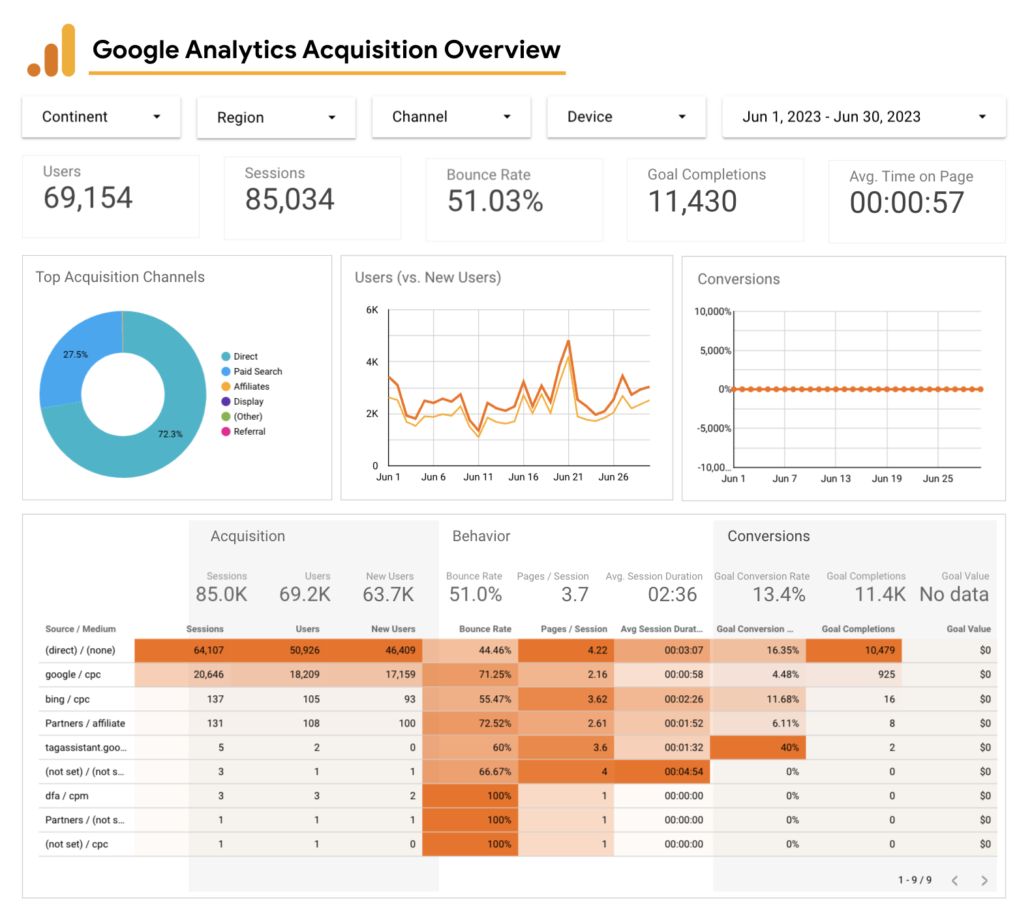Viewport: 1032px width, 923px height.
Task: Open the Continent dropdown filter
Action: click(x=101, y=117)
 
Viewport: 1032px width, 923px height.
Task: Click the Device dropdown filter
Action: click(x=626, y=117)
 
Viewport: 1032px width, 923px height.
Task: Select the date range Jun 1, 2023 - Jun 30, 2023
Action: click(x=863, y=117)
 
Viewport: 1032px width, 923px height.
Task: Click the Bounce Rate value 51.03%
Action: click(x=495, y=201)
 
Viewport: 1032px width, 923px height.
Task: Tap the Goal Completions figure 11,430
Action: click(x=692, y=201)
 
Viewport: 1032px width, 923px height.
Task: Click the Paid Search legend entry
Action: click(x=257, y=371)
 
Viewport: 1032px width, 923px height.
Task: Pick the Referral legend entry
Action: click(x=249, y=431)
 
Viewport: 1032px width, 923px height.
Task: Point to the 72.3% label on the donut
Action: click(x=170, y=434)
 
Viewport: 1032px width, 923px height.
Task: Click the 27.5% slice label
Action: click(x=76, y=354)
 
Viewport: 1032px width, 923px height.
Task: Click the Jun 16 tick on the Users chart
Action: click(x=523, y=477)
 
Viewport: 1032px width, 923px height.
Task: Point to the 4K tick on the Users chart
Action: click(x=372, y=362)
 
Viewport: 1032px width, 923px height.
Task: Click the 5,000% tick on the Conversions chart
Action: click(x=715, y=351)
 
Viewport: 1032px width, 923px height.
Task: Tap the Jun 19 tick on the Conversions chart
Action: click(x=887, y=478)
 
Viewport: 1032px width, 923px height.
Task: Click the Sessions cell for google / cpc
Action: click(x=209, y=674)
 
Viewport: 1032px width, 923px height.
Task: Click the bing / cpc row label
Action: click(x=67, y=699)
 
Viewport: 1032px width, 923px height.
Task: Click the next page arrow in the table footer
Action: click(x=984, y=881)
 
